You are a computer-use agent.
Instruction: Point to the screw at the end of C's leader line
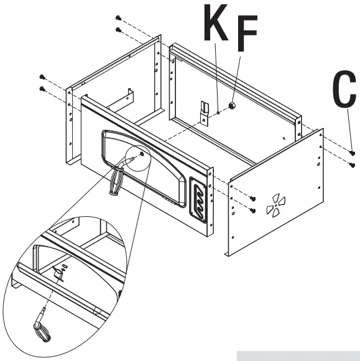(352, 152)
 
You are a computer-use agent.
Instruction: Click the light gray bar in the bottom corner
(297, 356)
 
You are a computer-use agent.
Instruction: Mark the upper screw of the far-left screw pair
(42, 76)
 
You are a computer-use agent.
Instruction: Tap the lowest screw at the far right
(353, 165)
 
